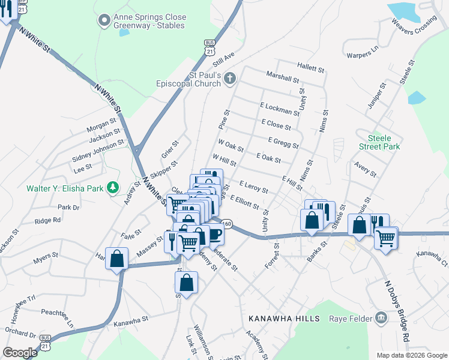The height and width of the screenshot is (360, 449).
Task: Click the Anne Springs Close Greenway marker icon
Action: click(104, 20)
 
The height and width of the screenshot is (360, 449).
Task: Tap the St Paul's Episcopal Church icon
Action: click(231, 79)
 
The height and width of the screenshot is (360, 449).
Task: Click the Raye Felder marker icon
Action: click(381, 317)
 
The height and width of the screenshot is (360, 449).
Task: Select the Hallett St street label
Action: click(310, 67)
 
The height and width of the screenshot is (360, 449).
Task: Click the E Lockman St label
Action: click(280, 109)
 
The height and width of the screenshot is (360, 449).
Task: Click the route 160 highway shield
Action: click(226, 224)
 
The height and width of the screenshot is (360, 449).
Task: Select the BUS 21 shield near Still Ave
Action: click(209, 47)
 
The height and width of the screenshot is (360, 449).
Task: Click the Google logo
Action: click(20, 352)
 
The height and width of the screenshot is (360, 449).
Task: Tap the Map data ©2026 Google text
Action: click(411, 355)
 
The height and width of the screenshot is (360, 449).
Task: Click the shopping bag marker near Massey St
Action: click(117, 259)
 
